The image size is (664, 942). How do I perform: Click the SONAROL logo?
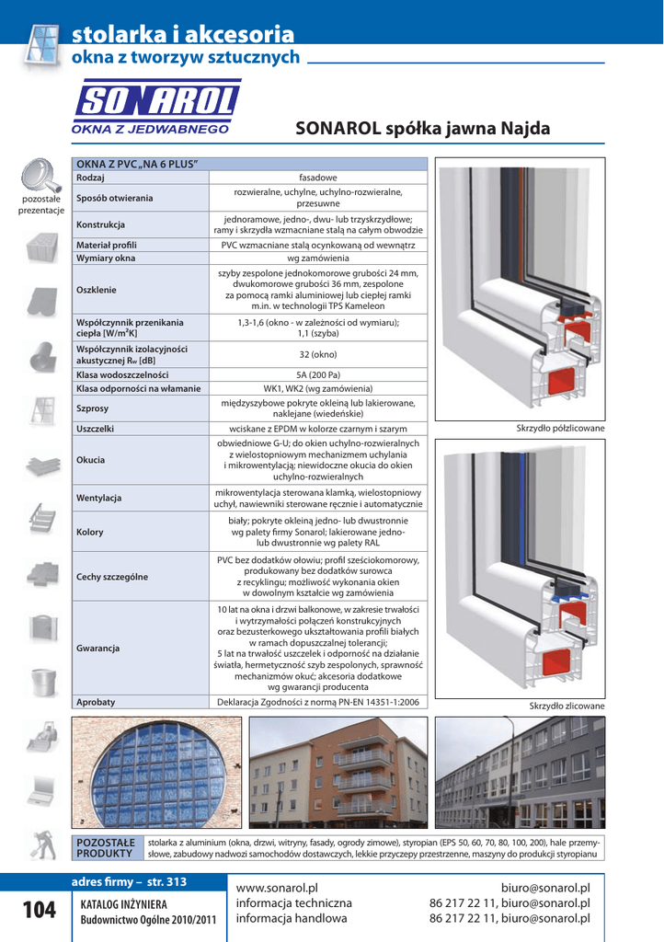(156, 108)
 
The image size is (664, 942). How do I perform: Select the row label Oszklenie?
(97, 290)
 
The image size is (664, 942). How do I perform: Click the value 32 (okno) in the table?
(318, 354)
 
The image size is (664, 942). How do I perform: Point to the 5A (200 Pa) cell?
(318, 375)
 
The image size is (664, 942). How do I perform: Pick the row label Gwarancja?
(98, 649)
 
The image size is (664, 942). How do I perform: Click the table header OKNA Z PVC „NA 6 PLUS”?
(138, 164)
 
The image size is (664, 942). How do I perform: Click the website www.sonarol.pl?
(277, 888)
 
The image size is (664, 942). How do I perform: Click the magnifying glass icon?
(40, 175)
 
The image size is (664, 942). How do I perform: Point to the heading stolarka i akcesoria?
(184, 35)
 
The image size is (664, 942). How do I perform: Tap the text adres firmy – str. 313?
(129, 882)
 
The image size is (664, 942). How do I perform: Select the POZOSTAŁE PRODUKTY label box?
(107, 848)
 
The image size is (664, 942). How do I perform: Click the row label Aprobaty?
(96, 702)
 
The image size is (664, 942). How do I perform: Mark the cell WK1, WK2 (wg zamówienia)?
(318, 389)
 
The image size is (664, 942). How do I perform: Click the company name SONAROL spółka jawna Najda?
(422, 130)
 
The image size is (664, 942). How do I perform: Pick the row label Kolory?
(90, 533)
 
